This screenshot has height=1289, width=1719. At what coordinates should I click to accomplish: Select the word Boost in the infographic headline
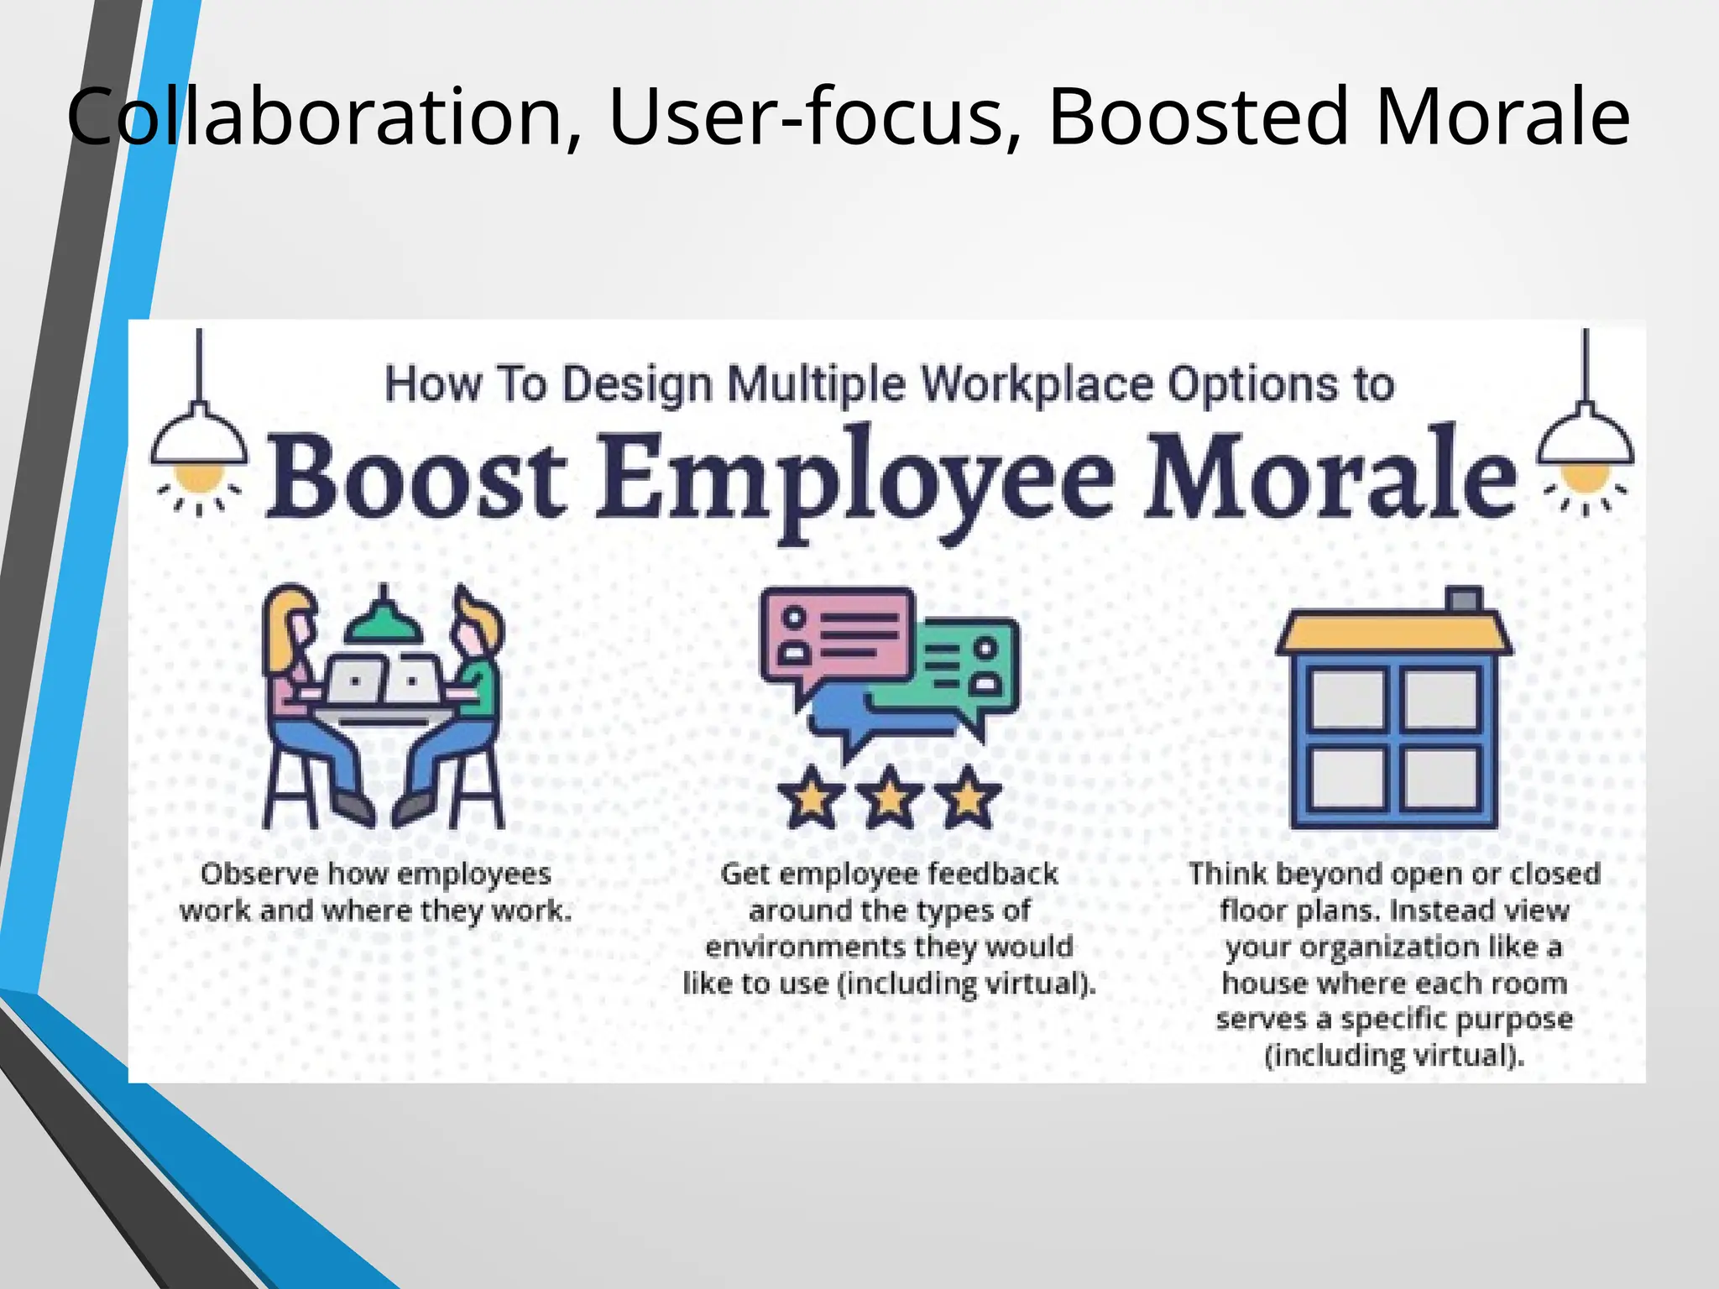[416, 478]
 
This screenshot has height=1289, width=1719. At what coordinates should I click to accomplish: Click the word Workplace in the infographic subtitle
[1036, 385]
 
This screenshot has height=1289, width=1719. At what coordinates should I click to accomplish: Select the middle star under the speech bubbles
[889, 796]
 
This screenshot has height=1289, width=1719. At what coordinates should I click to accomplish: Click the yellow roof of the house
[1393, 633]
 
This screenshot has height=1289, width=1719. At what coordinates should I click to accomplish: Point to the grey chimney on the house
[1465, 598]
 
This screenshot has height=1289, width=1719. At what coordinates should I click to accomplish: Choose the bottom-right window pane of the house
[1441, 776]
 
